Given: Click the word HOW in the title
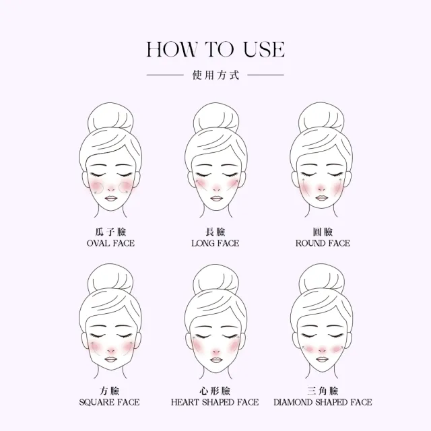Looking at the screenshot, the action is [172, 49].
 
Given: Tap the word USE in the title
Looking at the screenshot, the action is [264, 49].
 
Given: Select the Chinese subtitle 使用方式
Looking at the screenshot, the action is [215, 75].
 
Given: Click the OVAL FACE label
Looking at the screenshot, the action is [110, 243].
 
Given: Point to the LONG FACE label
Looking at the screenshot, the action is [215, 243].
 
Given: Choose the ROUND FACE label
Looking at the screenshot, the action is [323, 243].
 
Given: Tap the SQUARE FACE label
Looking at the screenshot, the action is [109, 403].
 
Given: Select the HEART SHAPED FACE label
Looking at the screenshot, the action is [215, 403].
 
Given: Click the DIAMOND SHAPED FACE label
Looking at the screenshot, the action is [323, 403].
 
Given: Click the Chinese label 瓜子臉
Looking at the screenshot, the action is [110, 232].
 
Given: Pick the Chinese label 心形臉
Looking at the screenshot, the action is [215, 391].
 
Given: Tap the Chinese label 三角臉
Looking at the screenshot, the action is [323, 391].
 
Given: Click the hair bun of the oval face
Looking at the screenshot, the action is [110, 118].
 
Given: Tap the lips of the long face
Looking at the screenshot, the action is [216, 199].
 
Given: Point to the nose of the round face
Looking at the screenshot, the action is [321, 189].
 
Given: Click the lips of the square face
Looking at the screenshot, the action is [110, 360].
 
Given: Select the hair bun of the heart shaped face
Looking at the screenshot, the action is [216, 279].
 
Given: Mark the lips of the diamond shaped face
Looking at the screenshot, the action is [322, 360].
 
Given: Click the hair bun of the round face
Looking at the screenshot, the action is [322, 118].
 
